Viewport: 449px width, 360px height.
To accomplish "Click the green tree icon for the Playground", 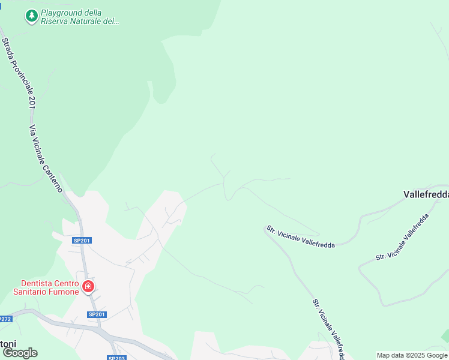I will (x=31, y=16).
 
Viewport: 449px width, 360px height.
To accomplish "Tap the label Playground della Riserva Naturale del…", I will (x=80, y=17).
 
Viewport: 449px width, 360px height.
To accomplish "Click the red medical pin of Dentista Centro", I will (x=88, y=287).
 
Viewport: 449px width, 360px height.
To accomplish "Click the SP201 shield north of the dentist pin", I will (x=82, y=241).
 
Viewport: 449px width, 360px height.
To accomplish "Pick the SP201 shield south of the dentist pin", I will (x=97, y=314).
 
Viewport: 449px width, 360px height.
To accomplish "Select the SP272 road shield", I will (x=5, y=319).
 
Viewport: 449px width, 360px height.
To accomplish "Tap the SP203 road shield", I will (x=116, y=358).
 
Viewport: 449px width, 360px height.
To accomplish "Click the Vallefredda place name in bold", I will (x=426, y=194).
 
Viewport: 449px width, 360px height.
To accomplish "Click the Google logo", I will (x=20, y=353).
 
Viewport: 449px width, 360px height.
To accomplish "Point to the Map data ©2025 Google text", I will (x=412, y=355).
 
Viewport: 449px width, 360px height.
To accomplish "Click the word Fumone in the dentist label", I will (x=64, y=292).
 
